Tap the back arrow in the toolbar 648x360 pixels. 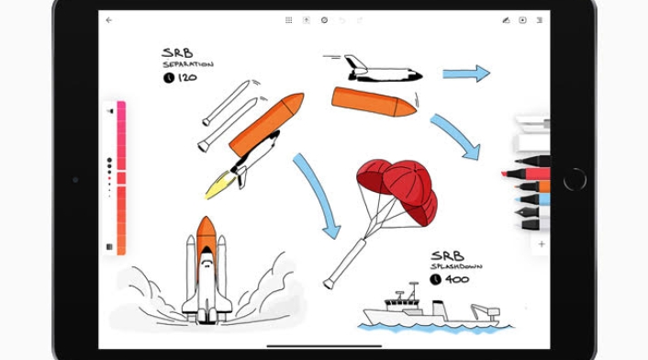tap(108, 20)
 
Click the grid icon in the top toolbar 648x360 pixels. tap(289, 20)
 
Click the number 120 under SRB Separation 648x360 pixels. tap(187, 77)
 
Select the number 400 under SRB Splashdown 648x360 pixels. tap(457, 279)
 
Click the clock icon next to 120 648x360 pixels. tap(169, 78)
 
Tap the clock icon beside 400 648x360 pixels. tap(435, 280)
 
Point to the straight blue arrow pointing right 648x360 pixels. tap(466, 73)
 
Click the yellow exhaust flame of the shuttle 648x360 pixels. tap(220, 185)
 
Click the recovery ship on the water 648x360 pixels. tap(432, 307)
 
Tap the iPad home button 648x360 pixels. tap(575, 179)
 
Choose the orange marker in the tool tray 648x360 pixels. tap(533, 186)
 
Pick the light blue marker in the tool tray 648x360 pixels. tap(533, 199)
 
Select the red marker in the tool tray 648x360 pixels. tap(526, 174)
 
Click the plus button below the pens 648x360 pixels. tap(542, 244)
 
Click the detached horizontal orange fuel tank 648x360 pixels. tap(374, 102)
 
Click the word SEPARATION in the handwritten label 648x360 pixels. tap(188, 64)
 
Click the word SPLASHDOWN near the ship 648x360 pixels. tap(456, 266)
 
